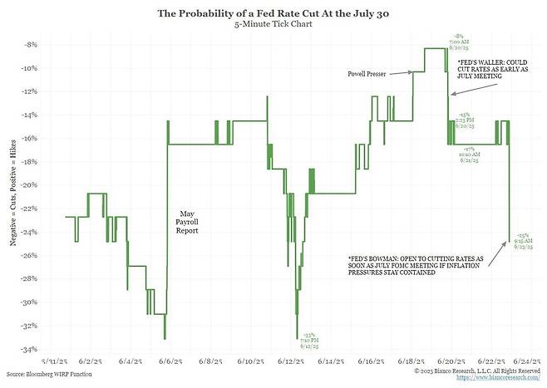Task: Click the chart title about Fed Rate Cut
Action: [273, 13]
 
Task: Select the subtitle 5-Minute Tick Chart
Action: [273, 25]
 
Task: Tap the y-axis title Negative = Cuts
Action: [12, 196]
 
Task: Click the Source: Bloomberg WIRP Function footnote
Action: [50, 376]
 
